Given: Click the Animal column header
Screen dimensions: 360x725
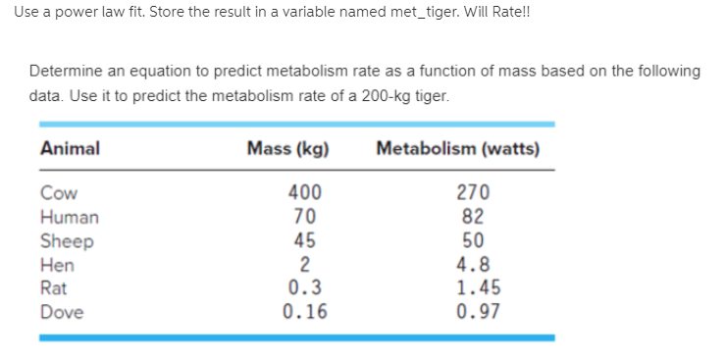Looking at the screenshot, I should coord(70,148).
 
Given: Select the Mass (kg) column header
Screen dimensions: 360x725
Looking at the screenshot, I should coord(287,148).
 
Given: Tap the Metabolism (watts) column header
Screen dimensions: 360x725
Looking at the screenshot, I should coord(457,148).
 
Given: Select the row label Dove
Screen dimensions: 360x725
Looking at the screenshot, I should coord(61,312).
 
